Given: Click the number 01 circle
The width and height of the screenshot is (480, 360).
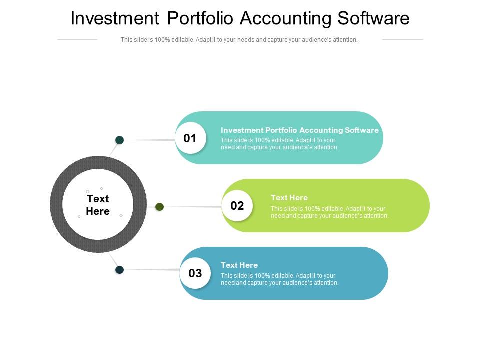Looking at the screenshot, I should pos(190,138).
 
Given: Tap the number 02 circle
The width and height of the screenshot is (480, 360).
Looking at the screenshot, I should pos(237,206).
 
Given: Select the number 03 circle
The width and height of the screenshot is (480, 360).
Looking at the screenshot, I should pos(195,273).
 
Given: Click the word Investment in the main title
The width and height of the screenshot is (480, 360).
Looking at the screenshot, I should pos(114,18).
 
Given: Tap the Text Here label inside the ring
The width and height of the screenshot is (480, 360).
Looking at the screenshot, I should pos(98,205).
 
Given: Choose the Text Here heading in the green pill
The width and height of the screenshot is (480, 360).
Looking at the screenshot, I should pos(289,198).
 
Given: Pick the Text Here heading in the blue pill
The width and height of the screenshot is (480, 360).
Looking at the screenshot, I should pos(239,265).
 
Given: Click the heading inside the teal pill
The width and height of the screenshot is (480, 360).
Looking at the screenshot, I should pos(299,130).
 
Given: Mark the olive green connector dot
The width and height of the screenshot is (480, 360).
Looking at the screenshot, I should pos(160,207).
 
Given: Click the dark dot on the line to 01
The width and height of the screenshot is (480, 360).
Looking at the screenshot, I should pos(120,140).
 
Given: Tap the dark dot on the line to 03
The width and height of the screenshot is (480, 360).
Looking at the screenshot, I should pos(120,270).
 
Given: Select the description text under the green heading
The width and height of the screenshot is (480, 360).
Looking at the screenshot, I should pos(329,212).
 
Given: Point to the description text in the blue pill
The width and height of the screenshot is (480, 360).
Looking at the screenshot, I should pos(279,279).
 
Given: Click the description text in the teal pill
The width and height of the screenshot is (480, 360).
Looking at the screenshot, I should pos(279,144).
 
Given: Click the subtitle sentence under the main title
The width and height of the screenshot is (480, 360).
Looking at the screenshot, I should pos(239,40).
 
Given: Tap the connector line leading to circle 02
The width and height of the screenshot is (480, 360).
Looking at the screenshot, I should pos(192,207).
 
